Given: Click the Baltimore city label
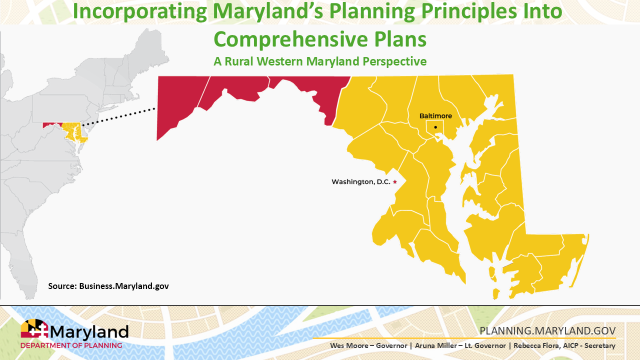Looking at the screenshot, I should coord(435,116).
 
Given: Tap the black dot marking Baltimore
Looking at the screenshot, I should coord(435,127).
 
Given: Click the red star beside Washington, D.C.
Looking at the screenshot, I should coord(395,182).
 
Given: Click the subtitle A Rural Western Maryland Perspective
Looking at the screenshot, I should coord(320,61).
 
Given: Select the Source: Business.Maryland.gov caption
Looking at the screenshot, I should coord(108,286).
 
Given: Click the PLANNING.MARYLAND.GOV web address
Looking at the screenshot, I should coord(547,331).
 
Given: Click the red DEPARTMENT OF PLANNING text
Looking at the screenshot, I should coord(71,345).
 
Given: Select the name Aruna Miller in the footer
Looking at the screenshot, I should coord(421,346).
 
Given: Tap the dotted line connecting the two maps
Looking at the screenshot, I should coord(119,116).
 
